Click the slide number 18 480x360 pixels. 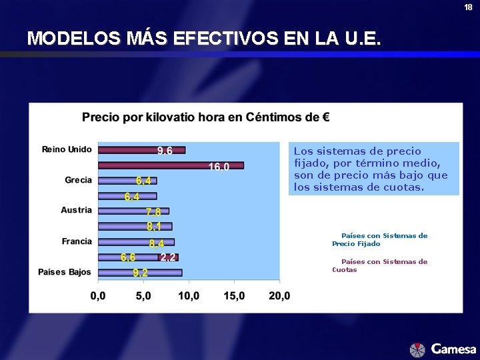click(469, 7)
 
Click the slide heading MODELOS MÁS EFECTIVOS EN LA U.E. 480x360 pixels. click(204, 39)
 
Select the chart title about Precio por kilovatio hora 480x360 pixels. click(205, 118)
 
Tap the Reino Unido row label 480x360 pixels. click(67, 149)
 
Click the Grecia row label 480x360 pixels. click(78, 180)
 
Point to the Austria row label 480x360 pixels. click(76, 210)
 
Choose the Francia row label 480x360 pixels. click(77, 241)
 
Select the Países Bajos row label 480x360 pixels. click(65, 272)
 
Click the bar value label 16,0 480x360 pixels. click(219, 167)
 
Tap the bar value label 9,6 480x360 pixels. click(165, 151)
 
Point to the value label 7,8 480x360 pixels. click(154, 212)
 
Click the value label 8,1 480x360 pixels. click(155, 227)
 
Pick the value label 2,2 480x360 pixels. click(168, 257)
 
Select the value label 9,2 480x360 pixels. click(140, 273)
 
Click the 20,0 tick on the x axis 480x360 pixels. click(279, 295)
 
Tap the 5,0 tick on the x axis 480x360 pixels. click(143, 295)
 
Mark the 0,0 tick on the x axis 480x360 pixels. click(98, 295)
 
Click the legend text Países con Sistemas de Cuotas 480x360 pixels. click(380, 265)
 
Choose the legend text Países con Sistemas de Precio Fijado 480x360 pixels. click(380, 239)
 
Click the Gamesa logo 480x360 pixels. click(443, 349)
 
